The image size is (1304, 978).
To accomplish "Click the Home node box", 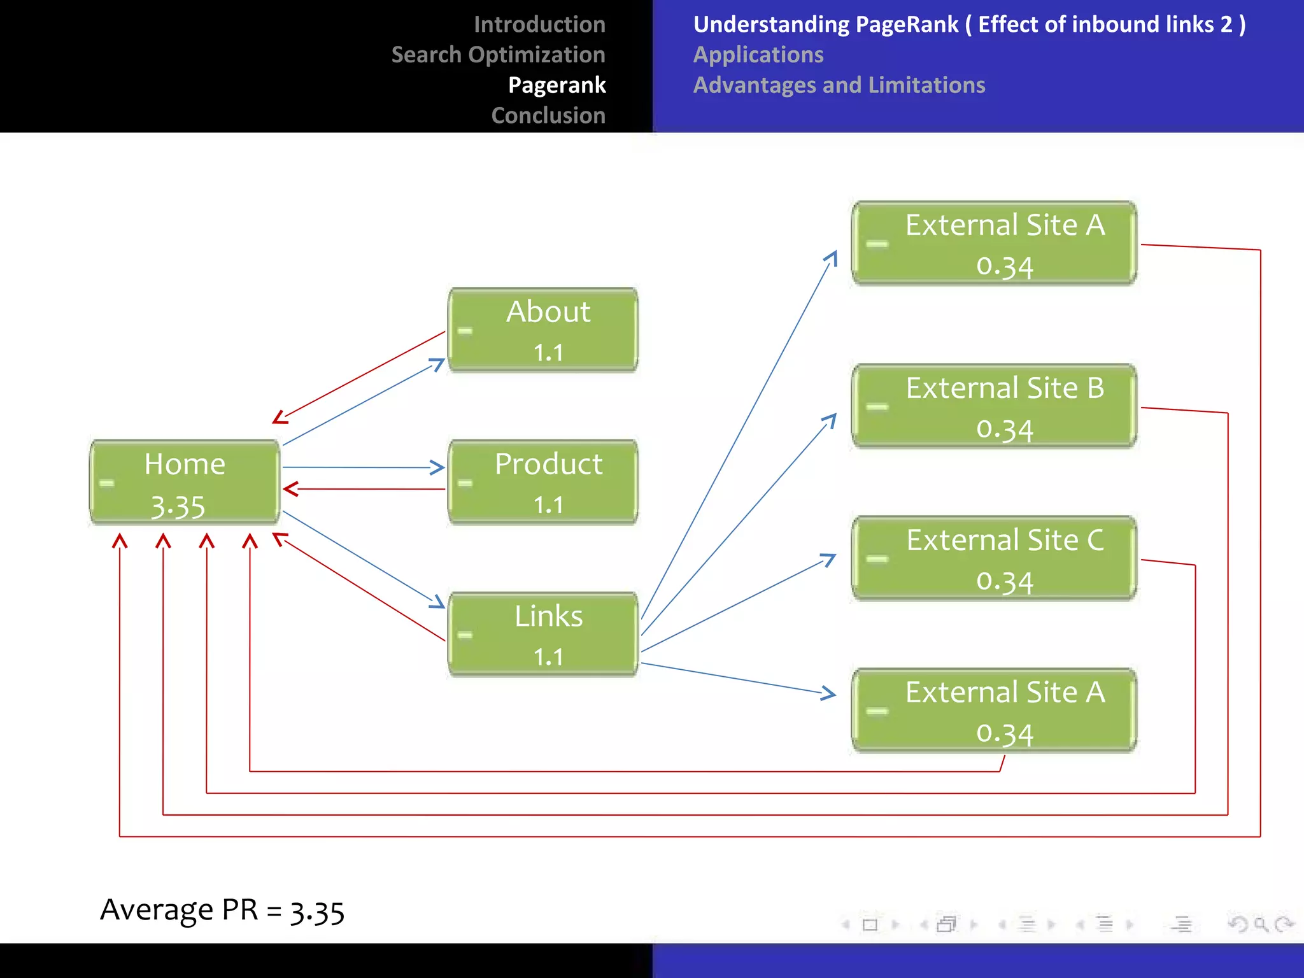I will (185, 482).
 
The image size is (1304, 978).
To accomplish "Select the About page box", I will (543, 329).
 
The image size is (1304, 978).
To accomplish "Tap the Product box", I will (543, 482).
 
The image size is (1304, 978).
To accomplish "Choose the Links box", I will (543, 634).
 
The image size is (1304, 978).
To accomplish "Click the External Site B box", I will (994, 406).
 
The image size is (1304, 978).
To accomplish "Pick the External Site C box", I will (994, 558).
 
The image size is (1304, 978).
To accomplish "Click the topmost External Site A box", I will (994, 243).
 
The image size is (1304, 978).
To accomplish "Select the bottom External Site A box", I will (994, 711).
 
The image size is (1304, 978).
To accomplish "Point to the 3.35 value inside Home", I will (178, 507).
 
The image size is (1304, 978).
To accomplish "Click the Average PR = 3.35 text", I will (222, 910).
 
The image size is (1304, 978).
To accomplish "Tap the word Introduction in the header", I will (539, 24).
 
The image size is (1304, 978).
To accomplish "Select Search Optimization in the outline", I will (498, 55).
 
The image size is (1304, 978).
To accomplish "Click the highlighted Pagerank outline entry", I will (556, 85).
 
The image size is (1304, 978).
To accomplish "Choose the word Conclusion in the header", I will (548, 115).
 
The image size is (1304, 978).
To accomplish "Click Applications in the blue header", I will (758, 55).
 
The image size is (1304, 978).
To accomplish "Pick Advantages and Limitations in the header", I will (839, 85).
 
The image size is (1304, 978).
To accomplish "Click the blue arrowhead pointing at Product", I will (438, 467).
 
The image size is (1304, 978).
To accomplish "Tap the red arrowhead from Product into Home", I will (290, 489).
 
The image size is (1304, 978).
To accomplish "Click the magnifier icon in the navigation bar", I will (1260, 924).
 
